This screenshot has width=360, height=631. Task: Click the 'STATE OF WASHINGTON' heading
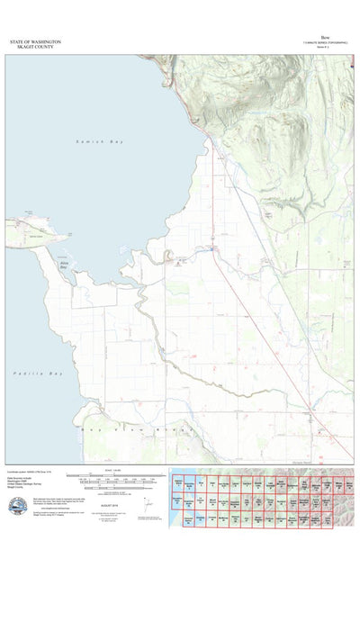pyautogui.click(x=35, y=41)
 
